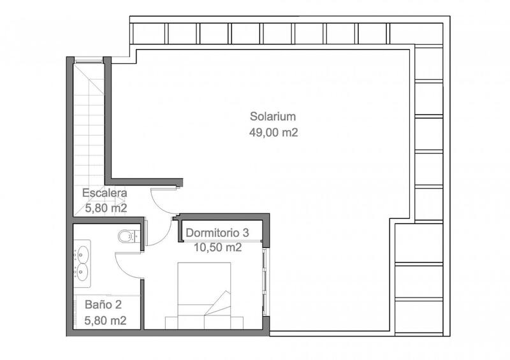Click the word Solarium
[x=273, y=117]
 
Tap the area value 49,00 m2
[x=273, y=133]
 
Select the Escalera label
[x=105, y=192]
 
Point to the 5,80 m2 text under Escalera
[x=106, y=208]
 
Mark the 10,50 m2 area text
[x=217, y=248]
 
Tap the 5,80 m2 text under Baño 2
[x=106, y=320]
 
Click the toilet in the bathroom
[x=127, y=236]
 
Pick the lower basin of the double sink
[x=82, y=273]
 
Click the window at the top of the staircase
[x=89, y=61]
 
